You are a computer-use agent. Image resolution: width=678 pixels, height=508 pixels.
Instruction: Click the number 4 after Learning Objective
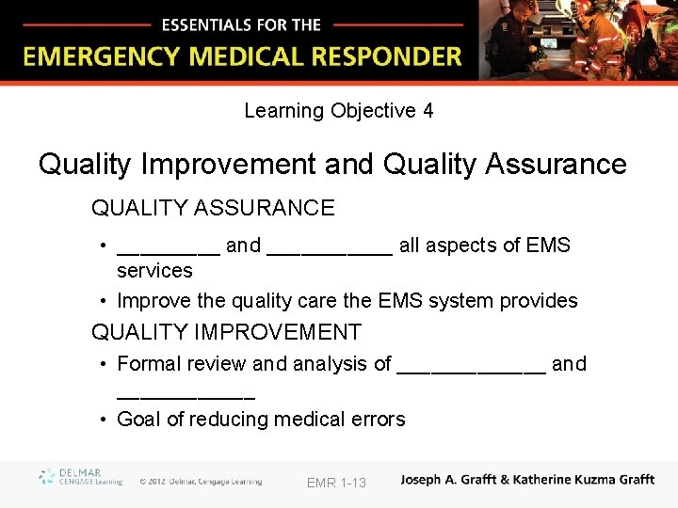click(428, 111)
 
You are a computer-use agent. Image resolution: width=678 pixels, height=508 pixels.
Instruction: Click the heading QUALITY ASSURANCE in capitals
click(213, 208)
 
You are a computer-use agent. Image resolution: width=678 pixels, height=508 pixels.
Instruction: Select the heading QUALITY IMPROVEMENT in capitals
click(226, 332)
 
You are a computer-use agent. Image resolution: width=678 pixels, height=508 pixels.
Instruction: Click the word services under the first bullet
click(154, 271)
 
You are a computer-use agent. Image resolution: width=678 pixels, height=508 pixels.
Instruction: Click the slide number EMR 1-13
click(336, 483)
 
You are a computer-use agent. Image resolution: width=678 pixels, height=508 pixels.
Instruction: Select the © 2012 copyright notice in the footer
click(201, 482)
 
